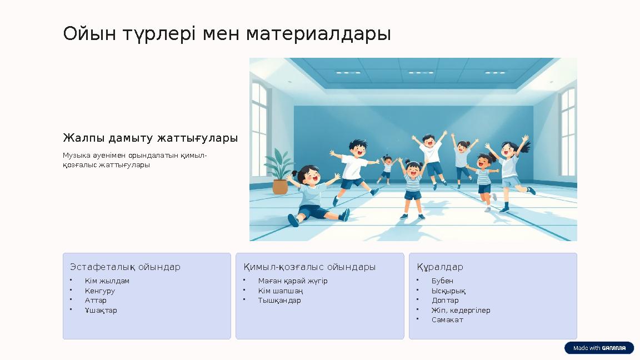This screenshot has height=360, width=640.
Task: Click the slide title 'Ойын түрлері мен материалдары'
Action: [227, 34]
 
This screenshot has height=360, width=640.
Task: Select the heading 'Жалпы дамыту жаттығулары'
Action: [150, 138]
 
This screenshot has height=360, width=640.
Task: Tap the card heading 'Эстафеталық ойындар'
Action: [125, 267]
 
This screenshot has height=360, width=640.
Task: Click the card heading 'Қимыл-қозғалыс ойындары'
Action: [309, 267]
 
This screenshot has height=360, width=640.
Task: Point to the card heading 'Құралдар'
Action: [440, 267]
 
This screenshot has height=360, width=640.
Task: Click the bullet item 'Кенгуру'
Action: [100, 291]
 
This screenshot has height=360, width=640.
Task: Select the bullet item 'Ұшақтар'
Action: [101, 311]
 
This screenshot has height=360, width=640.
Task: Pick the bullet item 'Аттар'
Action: [96, 301]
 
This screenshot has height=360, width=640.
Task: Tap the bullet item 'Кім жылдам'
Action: [107, 281]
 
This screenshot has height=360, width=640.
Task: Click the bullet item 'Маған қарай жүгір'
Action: [293, 281]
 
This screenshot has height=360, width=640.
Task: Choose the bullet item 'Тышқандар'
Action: [279, 301]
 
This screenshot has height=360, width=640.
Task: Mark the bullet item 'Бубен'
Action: [442, 281]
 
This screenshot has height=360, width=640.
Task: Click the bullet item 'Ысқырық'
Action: [448, 291]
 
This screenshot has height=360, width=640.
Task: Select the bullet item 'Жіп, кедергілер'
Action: [461, 311]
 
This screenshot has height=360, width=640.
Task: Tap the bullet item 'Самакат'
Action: [447, 320]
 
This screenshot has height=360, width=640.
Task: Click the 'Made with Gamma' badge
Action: [599, 348]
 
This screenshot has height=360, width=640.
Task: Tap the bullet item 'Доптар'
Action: [445, 301]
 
